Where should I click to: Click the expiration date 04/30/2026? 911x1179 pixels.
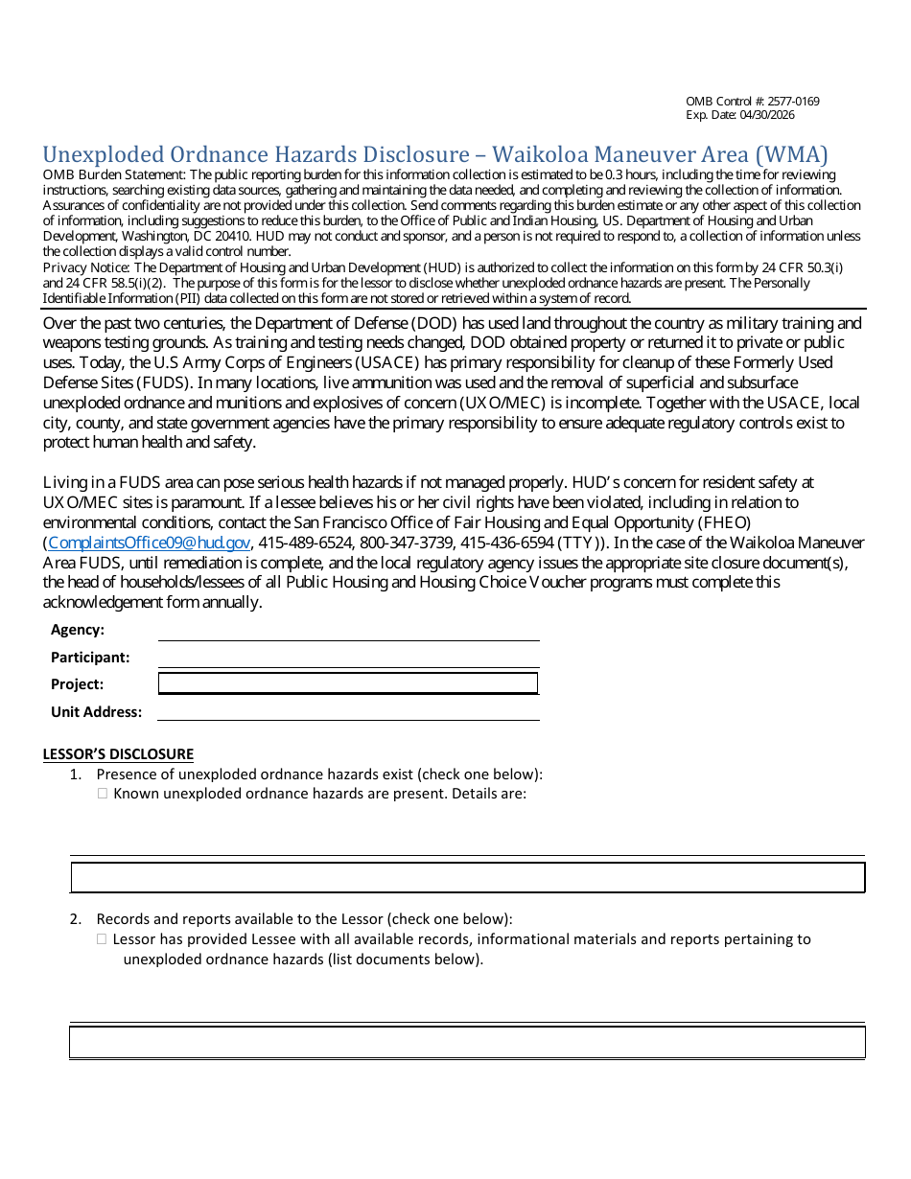[767, 115]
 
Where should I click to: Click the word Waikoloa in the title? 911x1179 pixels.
[555, 154]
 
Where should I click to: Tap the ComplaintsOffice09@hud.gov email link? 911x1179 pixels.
[149, 543]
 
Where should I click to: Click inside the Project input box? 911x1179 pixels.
[347, 683]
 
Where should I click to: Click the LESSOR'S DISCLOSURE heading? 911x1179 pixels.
[118, 754]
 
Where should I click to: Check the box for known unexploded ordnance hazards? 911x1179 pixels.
[103, 794]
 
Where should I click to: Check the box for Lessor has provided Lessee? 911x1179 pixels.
[102, 939]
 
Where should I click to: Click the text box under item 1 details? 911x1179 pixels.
[468, 877]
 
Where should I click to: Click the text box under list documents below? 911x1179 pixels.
[468, 1042]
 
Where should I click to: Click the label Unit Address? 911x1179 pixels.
[96, 712]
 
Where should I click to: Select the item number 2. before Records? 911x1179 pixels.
[76, 919]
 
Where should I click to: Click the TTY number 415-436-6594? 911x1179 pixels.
[506, 543]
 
